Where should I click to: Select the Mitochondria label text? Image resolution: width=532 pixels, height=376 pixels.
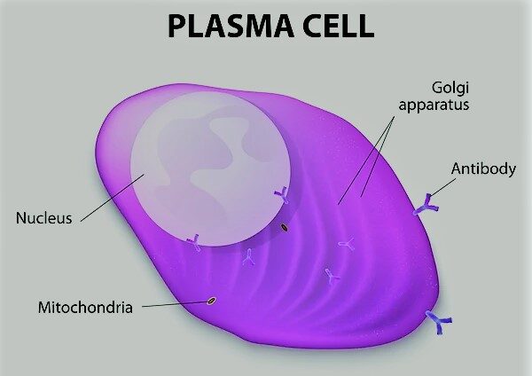click(x=85, y=308)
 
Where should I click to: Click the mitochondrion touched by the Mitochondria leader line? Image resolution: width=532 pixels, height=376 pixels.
click(x=211, y=300)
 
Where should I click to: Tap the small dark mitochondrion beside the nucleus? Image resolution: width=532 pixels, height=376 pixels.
click(x=284, y=228)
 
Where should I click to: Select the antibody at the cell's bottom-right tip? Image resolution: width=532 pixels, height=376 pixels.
click(x=437, y=323)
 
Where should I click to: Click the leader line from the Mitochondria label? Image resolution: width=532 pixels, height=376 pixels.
click(x=173, y=304)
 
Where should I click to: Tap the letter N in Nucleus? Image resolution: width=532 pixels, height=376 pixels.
click(x=19, y=216)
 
